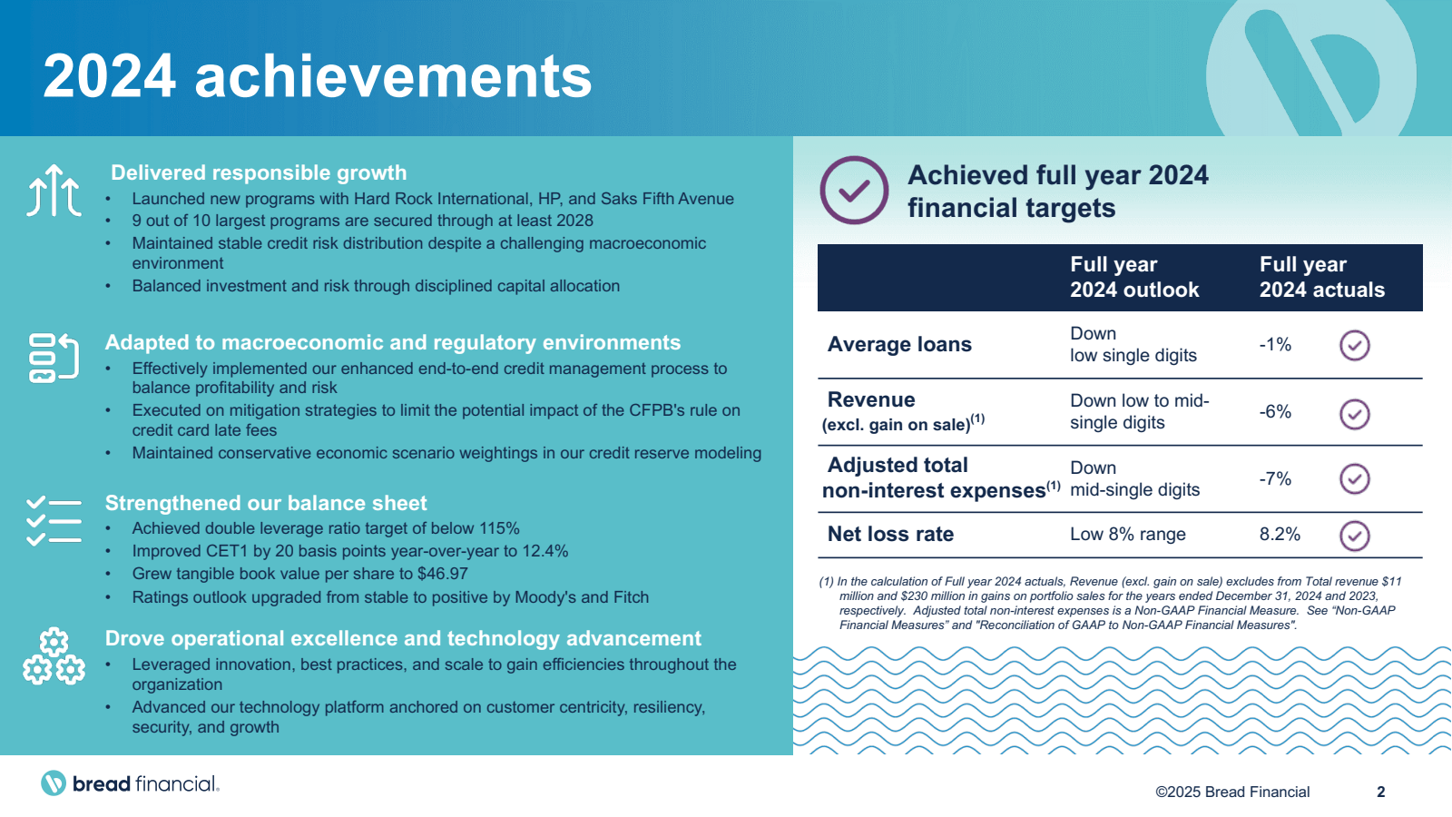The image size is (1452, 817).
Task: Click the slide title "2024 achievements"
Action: tap(317, 76)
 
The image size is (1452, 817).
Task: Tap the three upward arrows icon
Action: tap(54, 190)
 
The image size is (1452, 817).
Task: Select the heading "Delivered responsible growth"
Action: tap(259, 172)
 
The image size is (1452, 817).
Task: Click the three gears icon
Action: tap(54, 656)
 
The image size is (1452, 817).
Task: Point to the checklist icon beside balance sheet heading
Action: tap(54, 521)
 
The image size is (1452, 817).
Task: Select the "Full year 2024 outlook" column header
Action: tap(1134, 277)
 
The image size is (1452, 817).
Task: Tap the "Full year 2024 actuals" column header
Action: tap(1321, 277)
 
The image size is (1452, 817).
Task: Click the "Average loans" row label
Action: tap(899, 344)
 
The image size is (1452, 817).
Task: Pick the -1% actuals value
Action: tap(1275, 344)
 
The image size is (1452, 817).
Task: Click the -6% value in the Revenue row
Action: tap(1275, 412)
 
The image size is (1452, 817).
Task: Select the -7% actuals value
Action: tap(1275, 479)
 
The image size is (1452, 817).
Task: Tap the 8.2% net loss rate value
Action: tap(1280, 535)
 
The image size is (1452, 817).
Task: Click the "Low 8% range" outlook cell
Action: tap(1127, 535)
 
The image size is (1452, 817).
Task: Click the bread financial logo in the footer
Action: tap(130, 783)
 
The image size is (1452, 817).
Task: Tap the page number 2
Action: tap(1380, 792)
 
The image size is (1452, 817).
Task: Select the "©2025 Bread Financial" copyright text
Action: tap(1232, 792)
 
